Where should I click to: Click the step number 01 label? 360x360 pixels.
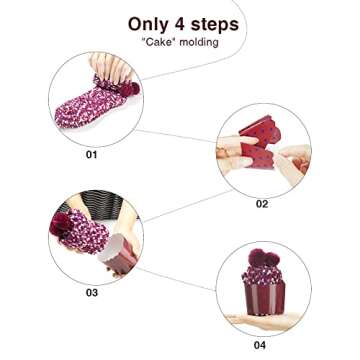point(92,155)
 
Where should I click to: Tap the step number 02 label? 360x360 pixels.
point(262,204)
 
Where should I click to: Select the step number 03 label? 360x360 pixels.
point(92,292)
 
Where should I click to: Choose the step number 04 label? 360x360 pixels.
point(260,345)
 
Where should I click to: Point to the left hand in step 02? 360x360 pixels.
point(232,155)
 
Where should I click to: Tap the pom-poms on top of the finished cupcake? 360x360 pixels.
point(263,263)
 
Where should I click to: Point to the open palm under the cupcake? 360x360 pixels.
point(262,320)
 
